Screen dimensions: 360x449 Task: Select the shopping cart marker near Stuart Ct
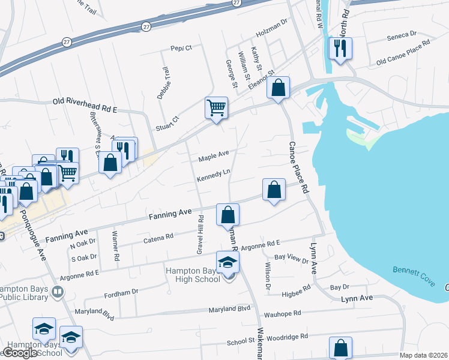pos(217,108)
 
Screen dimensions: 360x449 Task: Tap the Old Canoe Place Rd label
pos(403,53)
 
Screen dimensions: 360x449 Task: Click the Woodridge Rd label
pos(289,337)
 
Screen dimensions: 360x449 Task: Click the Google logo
pos(20,353)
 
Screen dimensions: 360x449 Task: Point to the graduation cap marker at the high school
pos(228,262)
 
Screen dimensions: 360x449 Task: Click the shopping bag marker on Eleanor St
pos(278,88)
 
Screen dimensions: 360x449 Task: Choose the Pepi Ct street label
pos(181,48)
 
